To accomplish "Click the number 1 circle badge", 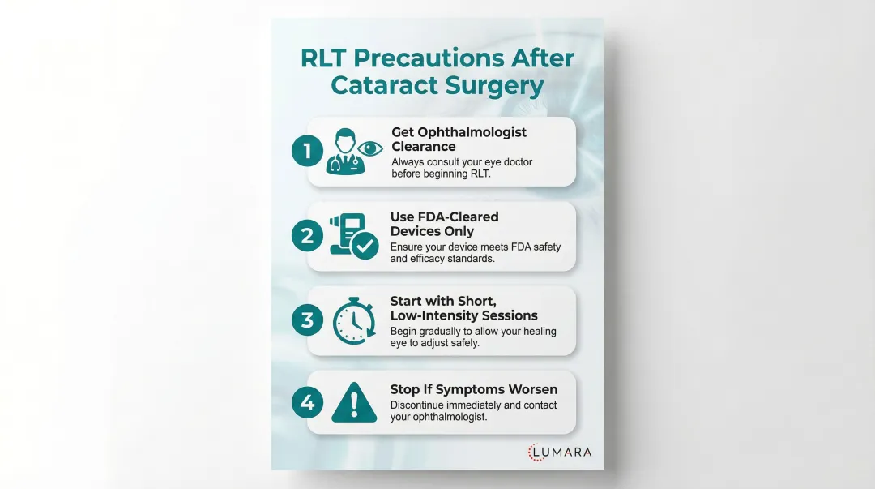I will tap(307, 152).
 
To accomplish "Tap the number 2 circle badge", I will tap(307, 236).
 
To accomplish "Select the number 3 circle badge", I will tap(307, 320).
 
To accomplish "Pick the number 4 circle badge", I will tap(307, 403).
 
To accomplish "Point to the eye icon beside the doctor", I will tap(372, 148).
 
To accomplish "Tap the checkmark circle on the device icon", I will tap(365, 246).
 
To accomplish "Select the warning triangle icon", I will tap(353, 403).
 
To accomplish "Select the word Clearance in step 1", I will tap(423, 147).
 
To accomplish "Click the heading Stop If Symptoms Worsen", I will tap(462, 390).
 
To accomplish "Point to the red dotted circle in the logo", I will tap(537, 453).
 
